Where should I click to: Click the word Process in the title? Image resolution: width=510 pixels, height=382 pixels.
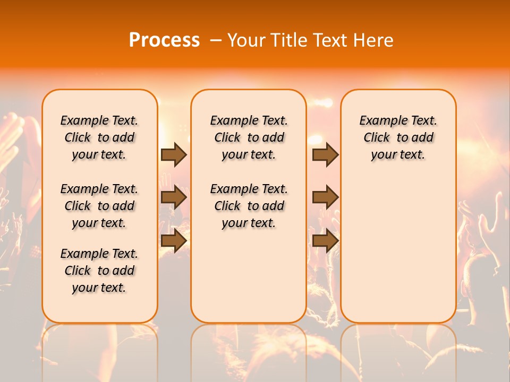click(164, 40)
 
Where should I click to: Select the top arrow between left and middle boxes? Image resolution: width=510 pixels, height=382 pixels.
click(174, 154)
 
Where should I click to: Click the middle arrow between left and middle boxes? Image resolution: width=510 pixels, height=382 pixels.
click(174, 197)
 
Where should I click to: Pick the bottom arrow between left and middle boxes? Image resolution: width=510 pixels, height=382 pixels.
click(174, 241)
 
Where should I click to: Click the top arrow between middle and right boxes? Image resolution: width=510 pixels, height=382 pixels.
click(325, 154)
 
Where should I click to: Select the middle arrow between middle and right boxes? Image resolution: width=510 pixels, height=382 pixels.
click(325, 197)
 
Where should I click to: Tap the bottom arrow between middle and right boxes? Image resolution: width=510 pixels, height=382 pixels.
click(325, 241)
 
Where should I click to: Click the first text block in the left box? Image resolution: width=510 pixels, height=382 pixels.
click(99, 137)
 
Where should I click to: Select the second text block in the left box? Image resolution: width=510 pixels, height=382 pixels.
click(99, 206)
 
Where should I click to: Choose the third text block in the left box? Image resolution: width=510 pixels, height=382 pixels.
click(99, 271)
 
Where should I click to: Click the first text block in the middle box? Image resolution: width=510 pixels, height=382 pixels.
click(249, 137)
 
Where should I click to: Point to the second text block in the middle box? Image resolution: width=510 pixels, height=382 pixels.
click(249, 206)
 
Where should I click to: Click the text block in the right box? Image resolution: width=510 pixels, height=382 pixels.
click(398, 137)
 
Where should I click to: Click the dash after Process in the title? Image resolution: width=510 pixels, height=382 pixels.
click(216, 40)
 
